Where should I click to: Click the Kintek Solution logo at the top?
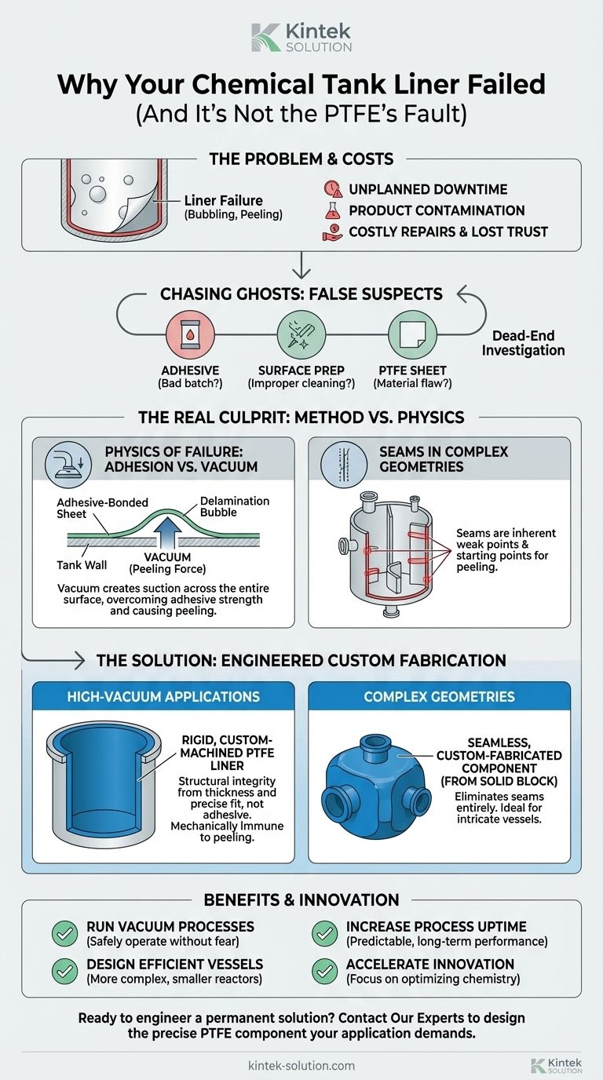[x=301, y=36]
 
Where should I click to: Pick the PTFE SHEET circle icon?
[x=411, y=335]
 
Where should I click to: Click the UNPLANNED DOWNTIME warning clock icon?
[x=333, y=190]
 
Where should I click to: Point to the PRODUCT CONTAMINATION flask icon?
[x=333, y=210]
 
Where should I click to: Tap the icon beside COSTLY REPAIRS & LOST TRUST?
[x=333, y=232]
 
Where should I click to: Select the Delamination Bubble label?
[x=235, y=507]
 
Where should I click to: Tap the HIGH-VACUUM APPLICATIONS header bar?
[x=163, y=696]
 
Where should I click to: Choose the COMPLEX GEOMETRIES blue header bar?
[x=440, y=696]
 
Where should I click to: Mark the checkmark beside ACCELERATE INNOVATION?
[x=323, y=972]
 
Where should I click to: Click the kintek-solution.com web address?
[x=301, y=1066]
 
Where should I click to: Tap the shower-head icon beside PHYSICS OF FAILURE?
[x=67, y=461]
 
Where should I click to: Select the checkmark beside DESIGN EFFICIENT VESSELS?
[x=64, y=972]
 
